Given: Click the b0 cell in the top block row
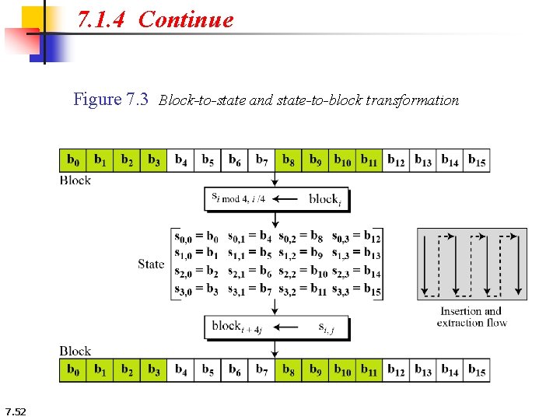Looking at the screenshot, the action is coord(72,161).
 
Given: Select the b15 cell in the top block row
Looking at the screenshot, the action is coord(477,161).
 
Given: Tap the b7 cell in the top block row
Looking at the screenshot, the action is coord(261,161).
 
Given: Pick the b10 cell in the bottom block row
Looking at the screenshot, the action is coord(342,371).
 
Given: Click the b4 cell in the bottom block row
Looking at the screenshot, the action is coord(180,371).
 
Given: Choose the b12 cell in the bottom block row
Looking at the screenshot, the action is coord(396,371).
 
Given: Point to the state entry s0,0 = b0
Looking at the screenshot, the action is coord(197,236).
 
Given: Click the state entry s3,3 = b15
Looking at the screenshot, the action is coord(356,290).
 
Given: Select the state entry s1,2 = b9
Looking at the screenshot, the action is coord(304,254).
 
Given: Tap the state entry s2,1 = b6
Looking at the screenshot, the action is coord(250,271).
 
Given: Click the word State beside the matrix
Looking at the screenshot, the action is coord(151,264).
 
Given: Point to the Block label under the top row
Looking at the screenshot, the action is coord(75,180).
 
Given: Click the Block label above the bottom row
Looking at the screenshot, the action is coord(75,352).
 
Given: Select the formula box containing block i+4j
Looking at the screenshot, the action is coord(276,327).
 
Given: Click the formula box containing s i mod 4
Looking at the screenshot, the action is coord(276,199).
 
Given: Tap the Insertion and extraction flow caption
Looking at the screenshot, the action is coord(471,317).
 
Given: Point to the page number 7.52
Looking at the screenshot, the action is coord(15,411).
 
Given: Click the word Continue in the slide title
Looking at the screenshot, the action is coord(186,19).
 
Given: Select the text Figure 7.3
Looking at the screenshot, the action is coord(110,100).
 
